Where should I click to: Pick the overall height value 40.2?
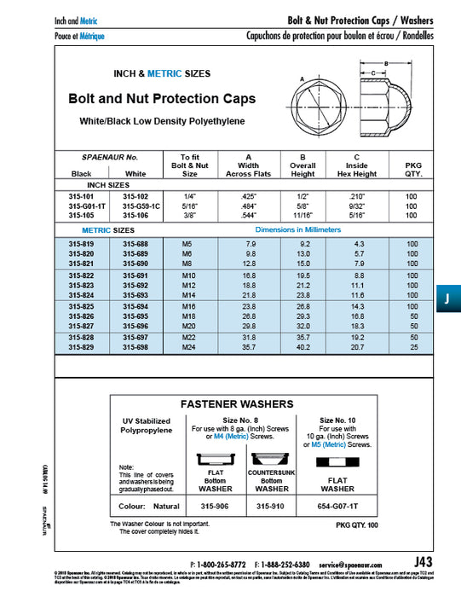(x=303, y=348)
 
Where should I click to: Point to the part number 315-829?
(x=81, y=348)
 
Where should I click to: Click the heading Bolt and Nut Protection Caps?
(x=161, y=99)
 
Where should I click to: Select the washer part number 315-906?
(x=215, y=504)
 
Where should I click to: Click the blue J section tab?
(x=447, y=299)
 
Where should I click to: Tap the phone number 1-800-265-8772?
(x=222, y=564)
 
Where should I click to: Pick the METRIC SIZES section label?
(x=108, y=230)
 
